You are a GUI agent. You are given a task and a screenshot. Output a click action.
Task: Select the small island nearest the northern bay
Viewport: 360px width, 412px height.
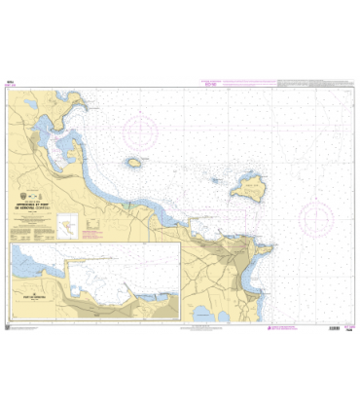(134, 163)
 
